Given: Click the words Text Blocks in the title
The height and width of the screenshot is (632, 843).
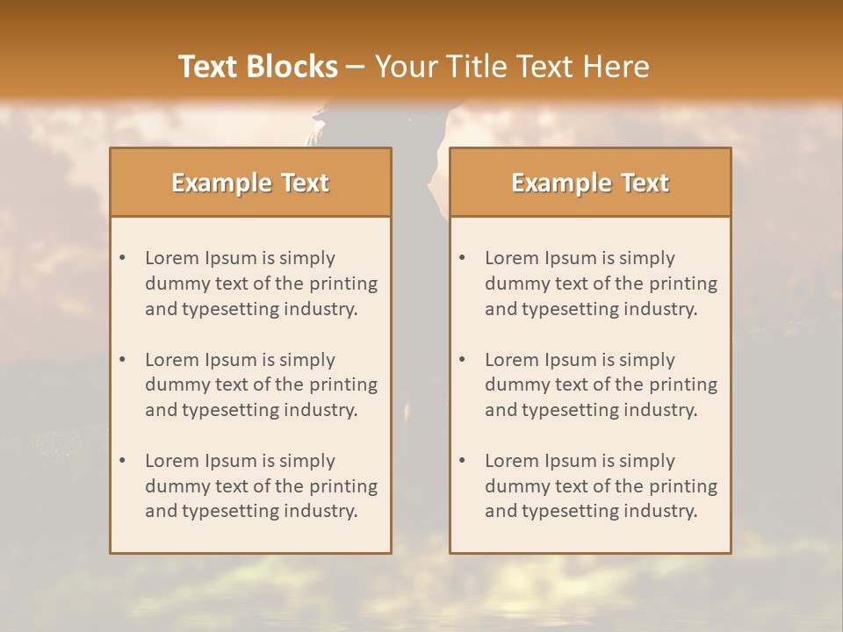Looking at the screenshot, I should pos(257,67).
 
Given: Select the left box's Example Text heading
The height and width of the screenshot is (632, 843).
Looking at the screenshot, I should pos(250,183).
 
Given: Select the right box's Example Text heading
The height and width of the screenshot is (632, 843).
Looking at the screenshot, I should pos(590,183).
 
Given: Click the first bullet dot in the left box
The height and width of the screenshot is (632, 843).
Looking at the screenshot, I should pos(123,258).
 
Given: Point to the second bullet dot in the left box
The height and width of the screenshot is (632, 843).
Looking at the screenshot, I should pos(123,360).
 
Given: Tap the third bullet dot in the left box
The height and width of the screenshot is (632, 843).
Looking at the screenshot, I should pos(123,461).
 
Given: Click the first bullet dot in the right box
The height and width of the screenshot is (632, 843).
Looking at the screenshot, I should pos(463,258).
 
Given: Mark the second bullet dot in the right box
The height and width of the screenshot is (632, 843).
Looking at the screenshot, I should pos(463,360).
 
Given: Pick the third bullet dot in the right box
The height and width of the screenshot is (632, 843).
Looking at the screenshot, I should pos(463,461).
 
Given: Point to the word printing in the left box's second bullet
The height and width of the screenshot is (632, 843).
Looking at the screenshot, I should pos(344,384).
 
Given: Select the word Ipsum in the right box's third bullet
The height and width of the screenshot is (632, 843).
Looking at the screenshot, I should pos(571,461).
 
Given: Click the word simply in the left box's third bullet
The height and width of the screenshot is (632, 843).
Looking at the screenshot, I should pos(307,461).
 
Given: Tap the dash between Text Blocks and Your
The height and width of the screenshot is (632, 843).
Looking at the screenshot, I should pos(356,68).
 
